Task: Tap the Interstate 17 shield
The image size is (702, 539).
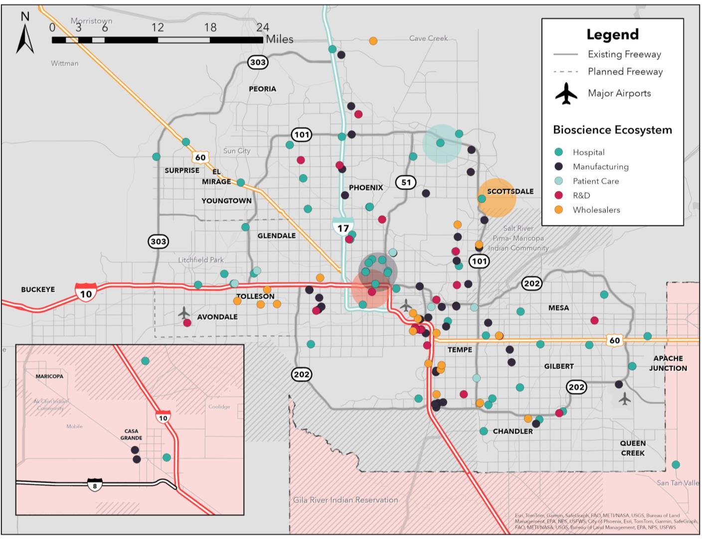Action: [x=343, y=227]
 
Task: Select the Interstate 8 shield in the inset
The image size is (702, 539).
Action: [x=95, y=484]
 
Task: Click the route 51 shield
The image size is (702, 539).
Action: [x=406, y=182]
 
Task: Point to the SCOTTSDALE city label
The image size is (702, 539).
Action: [x=510, y=191]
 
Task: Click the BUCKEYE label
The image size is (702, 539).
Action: [x=38, y=289]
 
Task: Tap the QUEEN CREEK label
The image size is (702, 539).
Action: [x=633, y=448]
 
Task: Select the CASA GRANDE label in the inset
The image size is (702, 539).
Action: [x=131, y=434]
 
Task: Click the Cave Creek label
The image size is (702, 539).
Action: [x=428, y=38]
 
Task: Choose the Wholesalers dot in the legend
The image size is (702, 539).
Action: [x=558, y=210]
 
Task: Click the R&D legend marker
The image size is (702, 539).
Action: [x=558, y=195]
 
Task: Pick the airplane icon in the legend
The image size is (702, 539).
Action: [x=566, y=94]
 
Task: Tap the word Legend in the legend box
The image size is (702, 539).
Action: [x=612, y=34]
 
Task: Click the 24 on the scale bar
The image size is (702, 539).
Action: [x=262, y=27]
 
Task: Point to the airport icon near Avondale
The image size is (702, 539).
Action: [x=184, y=313]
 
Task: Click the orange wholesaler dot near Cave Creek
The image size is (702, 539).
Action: [x=373, y=41]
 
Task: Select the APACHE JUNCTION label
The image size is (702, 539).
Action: [x=668, y=363]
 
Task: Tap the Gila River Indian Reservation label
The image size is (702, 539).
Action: [x=346, y=500]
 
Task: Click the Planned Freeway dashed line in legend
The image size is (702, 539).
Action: [x=565, y=72]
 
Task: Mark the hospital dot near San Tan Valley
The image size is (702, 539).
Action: [x=676, y=464]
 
